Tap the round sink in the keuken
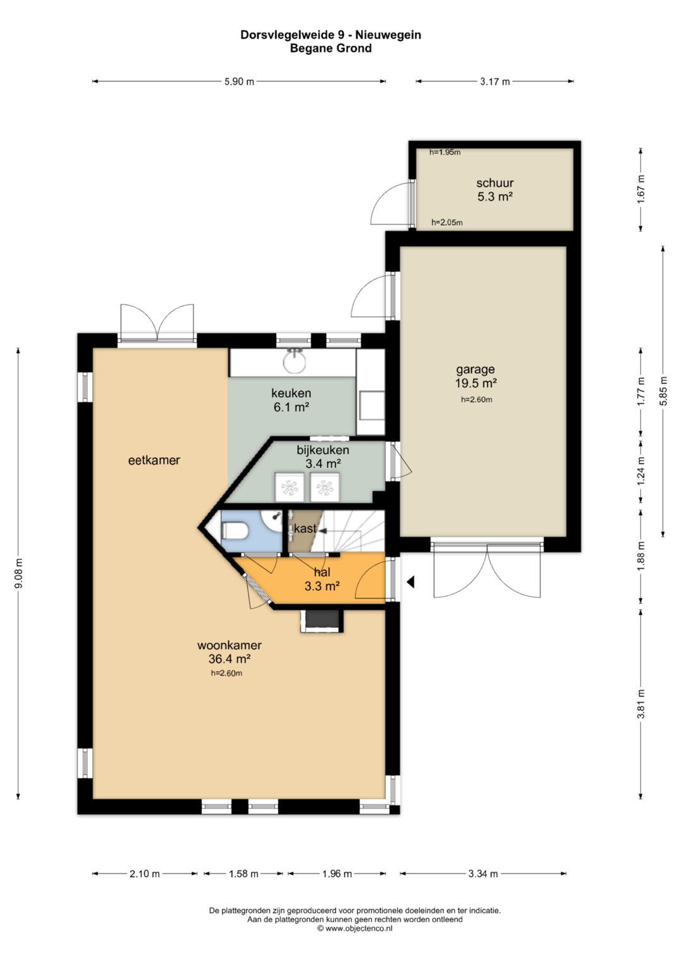[x=294, y=361]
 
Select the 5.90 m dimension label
[x=239, y=81]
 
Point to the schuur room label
[x=495, y=183]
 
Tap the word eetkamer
[x=154, y=460]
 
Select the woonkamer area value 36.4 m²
[x=230, y=658]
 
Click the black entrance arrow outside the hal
[x=410, y=582]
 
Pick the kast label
[x=305, y=528]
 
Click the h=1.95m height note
[x=445, y=152]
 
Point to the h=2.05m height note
[x=447, y=222]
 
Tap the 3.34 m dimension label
[x=483, y=873]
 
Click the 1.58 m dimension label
[x=243, y=873]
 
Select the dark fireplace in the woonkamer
[x=322, y=621]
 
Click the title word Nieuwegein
[x=388, y=35]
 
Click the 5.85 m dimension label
[x=663, y=391]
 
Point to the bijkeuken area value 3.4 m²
[x=323, y=464]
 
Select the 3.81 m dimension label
[x=641, y=704]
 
